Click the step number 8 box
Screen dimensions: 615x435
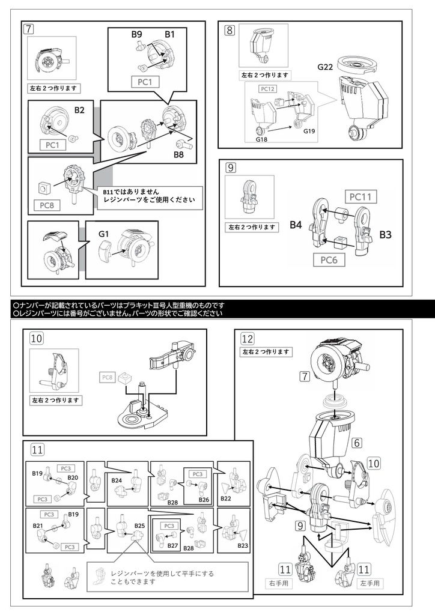click(x=230, y=29)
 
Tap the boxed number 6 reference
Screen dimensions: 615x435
click(x=357, y=443)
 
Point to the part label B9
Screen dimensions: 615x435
click(x=137, y=35)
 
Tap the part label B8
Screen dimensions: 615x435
click(x=178, y=155)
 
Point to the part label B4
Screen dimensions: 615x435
click(x=295, y=225)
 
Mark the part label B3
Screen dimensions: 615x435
click(x=385, y=235)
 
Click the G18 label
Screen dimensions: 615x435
click(x=261, y=139)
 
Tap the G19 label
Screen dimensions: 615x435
click(x=309, y=131)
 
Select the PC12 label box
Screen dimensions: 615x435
click(x=267, y=89)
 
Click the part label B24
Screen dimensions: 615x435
click(x=117, y=480)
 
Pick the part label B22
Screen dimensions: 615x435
click(x=225, y=498)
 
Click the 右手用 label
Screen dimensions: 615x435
click(x=278, y=583)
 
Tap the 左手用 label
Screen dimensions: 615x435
click(x=370, y=583)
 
